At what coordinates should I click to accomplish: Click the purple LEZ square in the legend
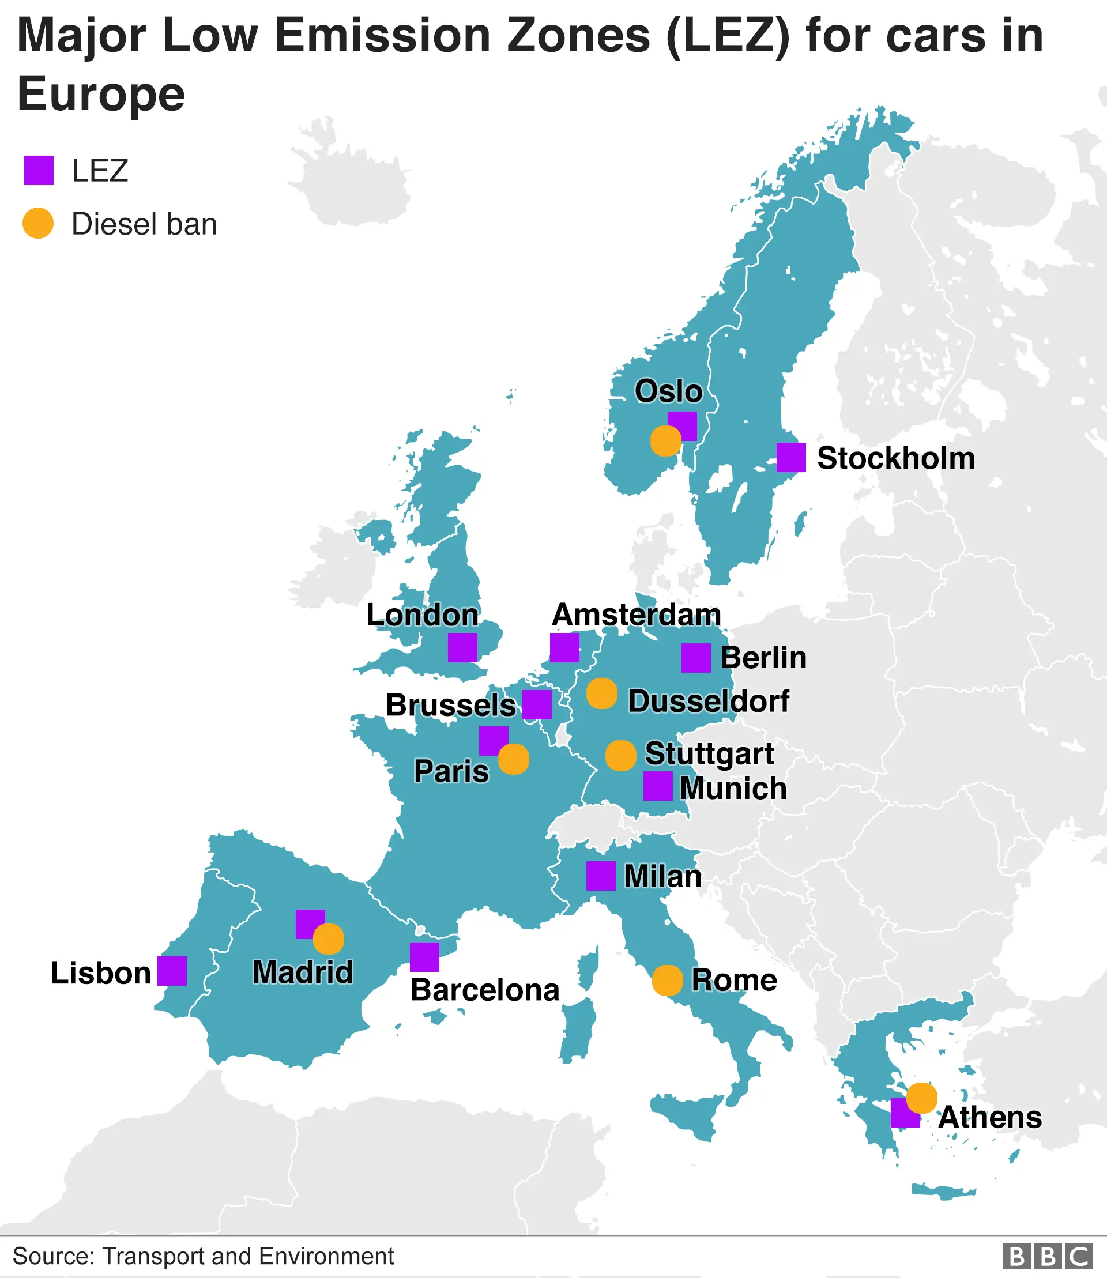pos(38,171)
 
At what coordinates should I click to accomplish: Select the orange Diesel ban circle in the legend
pos(37,223)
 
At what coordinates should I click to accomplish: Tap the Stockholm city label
pos(896,458)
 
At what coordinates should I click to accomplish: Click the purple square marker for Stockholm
pos(790,457)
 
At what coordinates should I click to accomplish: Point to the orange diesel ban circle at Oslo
pos(665,441)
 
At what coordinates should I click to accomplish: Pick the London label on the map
pos(423,615)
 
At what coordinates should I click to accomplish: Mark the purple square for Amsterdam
pos(564,647)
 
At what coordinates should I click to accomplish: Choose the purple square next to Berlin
pos(695,658)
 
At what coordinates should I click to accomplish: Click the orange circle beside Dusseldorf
pos(601,693)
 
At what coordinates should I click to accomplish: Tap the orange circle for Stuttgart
pos(620,755)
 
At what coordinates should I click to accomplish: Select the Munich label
pos(733,789)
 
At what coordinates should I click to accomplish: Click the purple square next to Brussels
pos(537,705)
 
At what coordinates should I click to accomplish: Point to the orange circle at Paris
pos(513,759)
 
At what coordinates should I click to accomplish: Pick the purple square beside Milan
pos(600,876)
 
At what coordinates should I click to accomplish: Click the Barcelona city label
pos(485,990)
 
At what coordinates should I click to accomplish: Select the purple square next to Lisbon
pos(172,971)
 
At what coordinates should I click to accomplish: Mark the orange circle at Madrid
pos(328,940)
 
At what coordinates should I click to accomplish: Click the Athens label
pos(989,1117)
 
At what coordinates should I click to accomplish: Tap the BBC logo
pos(1048,1256)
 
